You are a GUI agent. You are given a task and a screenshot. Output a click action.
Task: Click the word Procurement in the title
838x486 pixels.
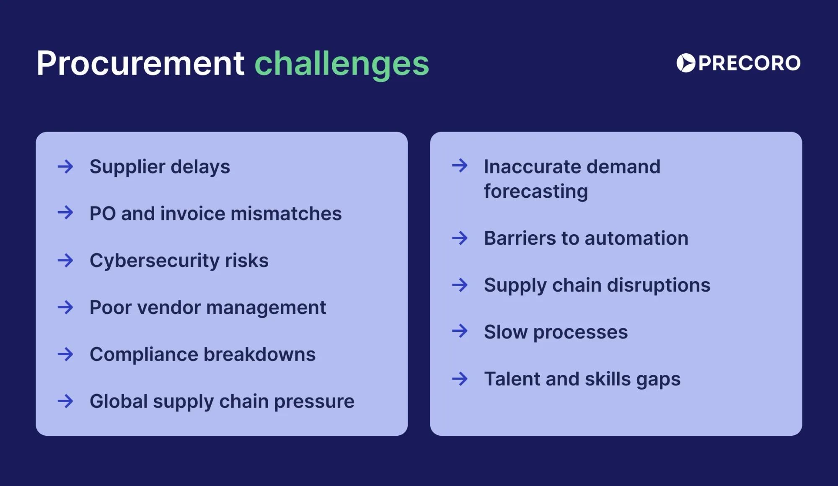[x=140, y=64]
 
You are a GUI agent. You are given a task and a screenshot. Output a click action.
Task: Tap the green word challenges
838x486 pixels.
[x=341, y=64]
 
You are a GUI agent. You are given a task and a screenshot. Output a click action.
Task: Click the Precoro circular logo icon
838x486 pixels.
[x=686, y=63]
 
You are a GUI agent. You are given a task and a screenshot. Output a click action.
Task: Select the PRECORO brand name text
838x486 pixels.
[x=749, y=63]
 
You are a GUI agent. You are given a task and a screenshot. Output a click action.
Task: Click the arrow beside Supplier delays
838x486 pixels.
[x=65, y=167]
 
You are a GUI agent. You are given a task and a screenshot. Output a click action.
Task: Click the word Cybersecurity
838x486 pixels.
[x=155, y=261]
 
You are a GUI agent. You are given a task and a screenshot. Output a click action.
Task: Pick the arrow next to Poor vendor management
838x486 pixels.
[x=65, y=308]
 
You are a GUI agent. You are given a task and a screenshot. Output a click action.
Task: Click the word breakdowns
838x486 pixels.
[x=259, y=354]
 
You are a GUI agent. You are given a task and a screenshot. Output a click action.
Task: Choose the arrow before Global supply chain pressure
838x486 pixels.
[x=65, y=401]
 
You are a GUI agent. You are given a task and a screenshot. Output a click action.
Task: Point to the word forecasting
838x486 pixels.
[x=536, y=191]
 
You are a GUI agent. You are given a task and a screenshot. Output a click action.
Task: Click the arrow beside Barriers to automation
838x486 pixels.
[x=460, y=238]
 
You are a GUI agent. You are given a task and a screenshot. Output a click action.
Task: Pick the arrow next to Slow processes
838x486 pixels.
[x=460, y=331]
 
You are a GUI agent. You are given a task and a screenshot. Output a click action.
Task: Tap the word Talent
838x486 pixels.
[x=512, y=379]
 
